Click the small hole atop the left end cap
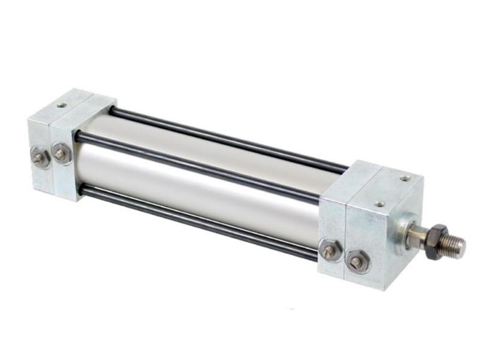[x=62, y=105]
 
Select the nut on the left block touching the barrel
[x=61, y=154]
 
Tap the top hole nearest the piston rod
[x=406, y=178]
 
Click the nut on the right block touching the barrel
[x=329, y=250]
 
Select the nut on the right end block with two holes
[x=356, y=262]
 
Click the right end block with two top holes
[x=381, y=234]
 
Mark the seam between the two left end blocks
[x=50, y=156]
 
